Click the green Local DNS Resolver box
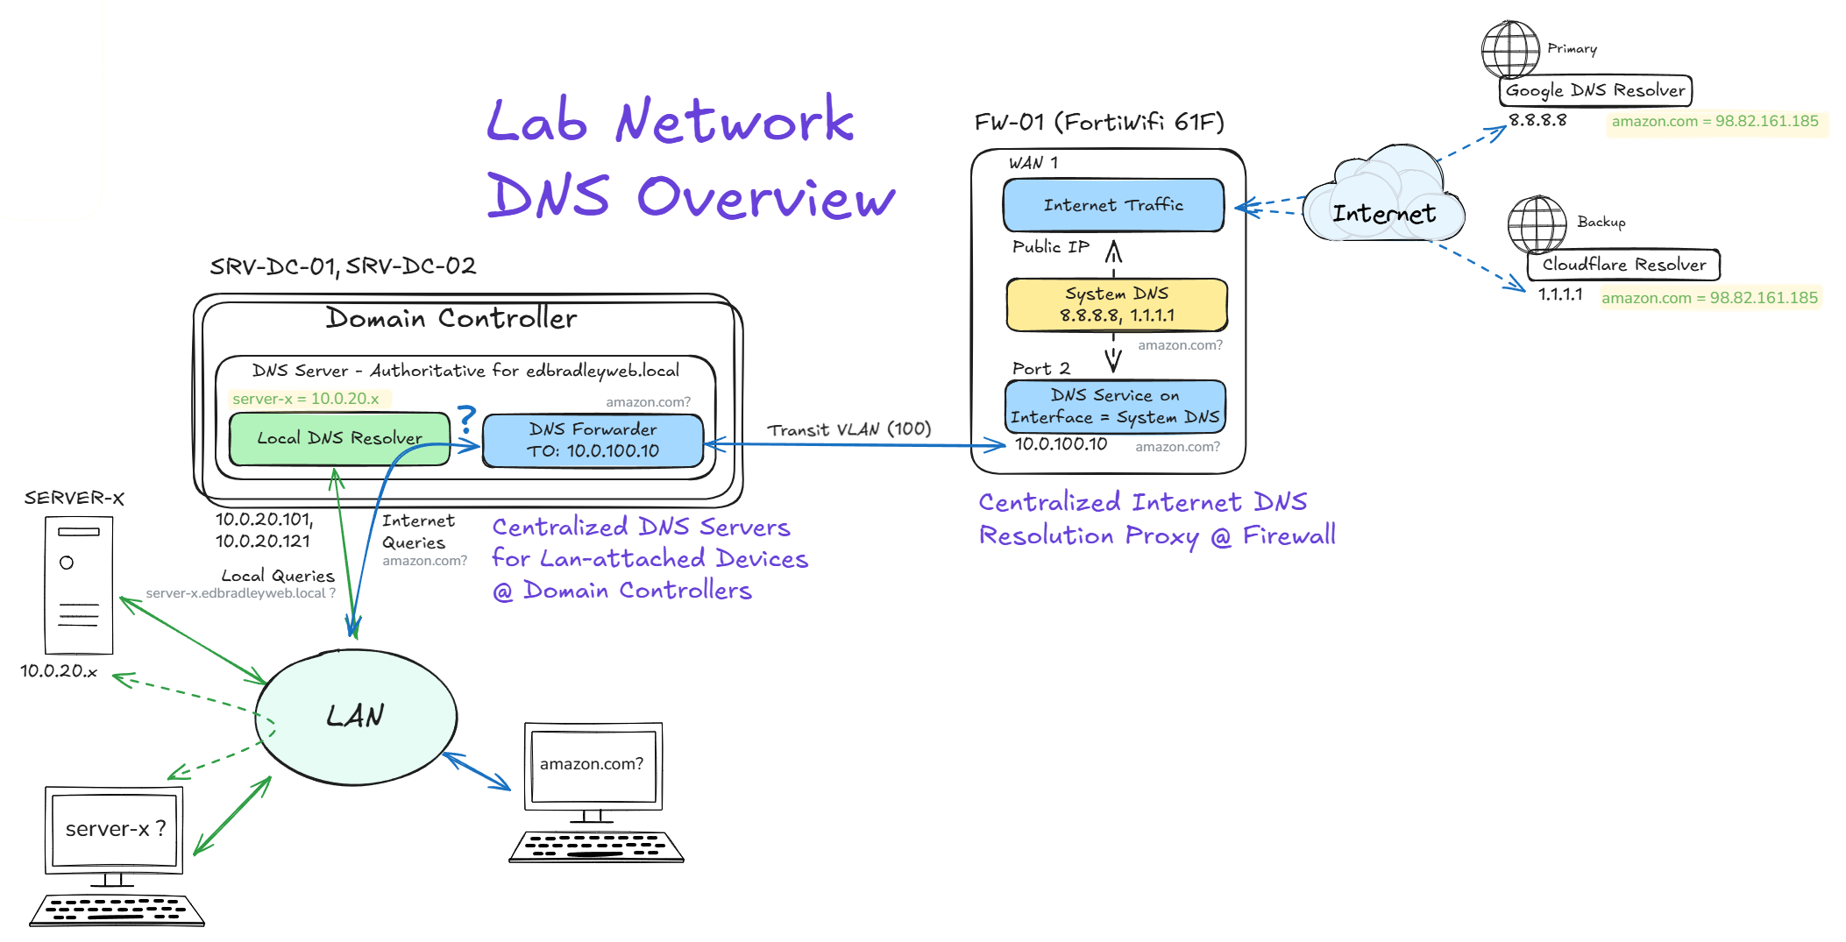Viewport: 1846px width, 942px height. pos(338,438)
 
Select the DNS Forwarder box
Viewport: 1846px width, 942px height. pos(593,440)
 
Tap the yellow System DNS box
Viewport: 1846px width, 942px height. pos(1116,304)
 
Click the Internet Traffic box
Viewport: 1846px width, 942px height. pos(1113,205)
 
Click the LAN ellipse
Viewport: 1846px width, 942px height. pos(355,717)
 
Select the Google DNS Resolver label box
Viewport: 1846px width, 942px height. pos(1594,90)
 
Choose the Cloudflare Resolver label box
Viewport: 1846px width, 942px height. pos(1623,265)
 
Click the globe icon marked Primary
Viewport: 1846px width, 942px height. pos(1509,49)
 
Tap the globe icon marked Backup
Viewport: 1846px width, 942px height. pos(1536,223)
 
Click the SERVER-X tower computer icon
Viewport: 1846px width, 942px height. pos(79,585)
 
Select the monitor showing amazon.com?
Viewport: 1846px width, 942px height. pos(593,765)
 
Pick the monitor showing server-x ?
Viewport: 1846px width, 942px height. pos(114,829)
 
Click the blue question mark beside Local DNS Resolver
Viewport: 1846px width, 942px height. pos(467,419)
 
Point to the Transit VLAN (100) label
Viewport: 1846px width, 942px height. pos(848,429)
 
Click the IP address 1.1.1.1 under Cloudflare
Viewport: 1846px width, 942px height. pos(1560,294)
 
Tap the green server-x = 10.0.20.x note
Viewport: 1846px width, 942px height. pos(306,399)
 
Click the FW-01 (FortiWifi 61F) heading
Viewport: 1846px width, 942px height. pos(1098,122)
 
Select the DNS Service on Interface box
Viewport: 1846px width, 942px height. pos(1114,407)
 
